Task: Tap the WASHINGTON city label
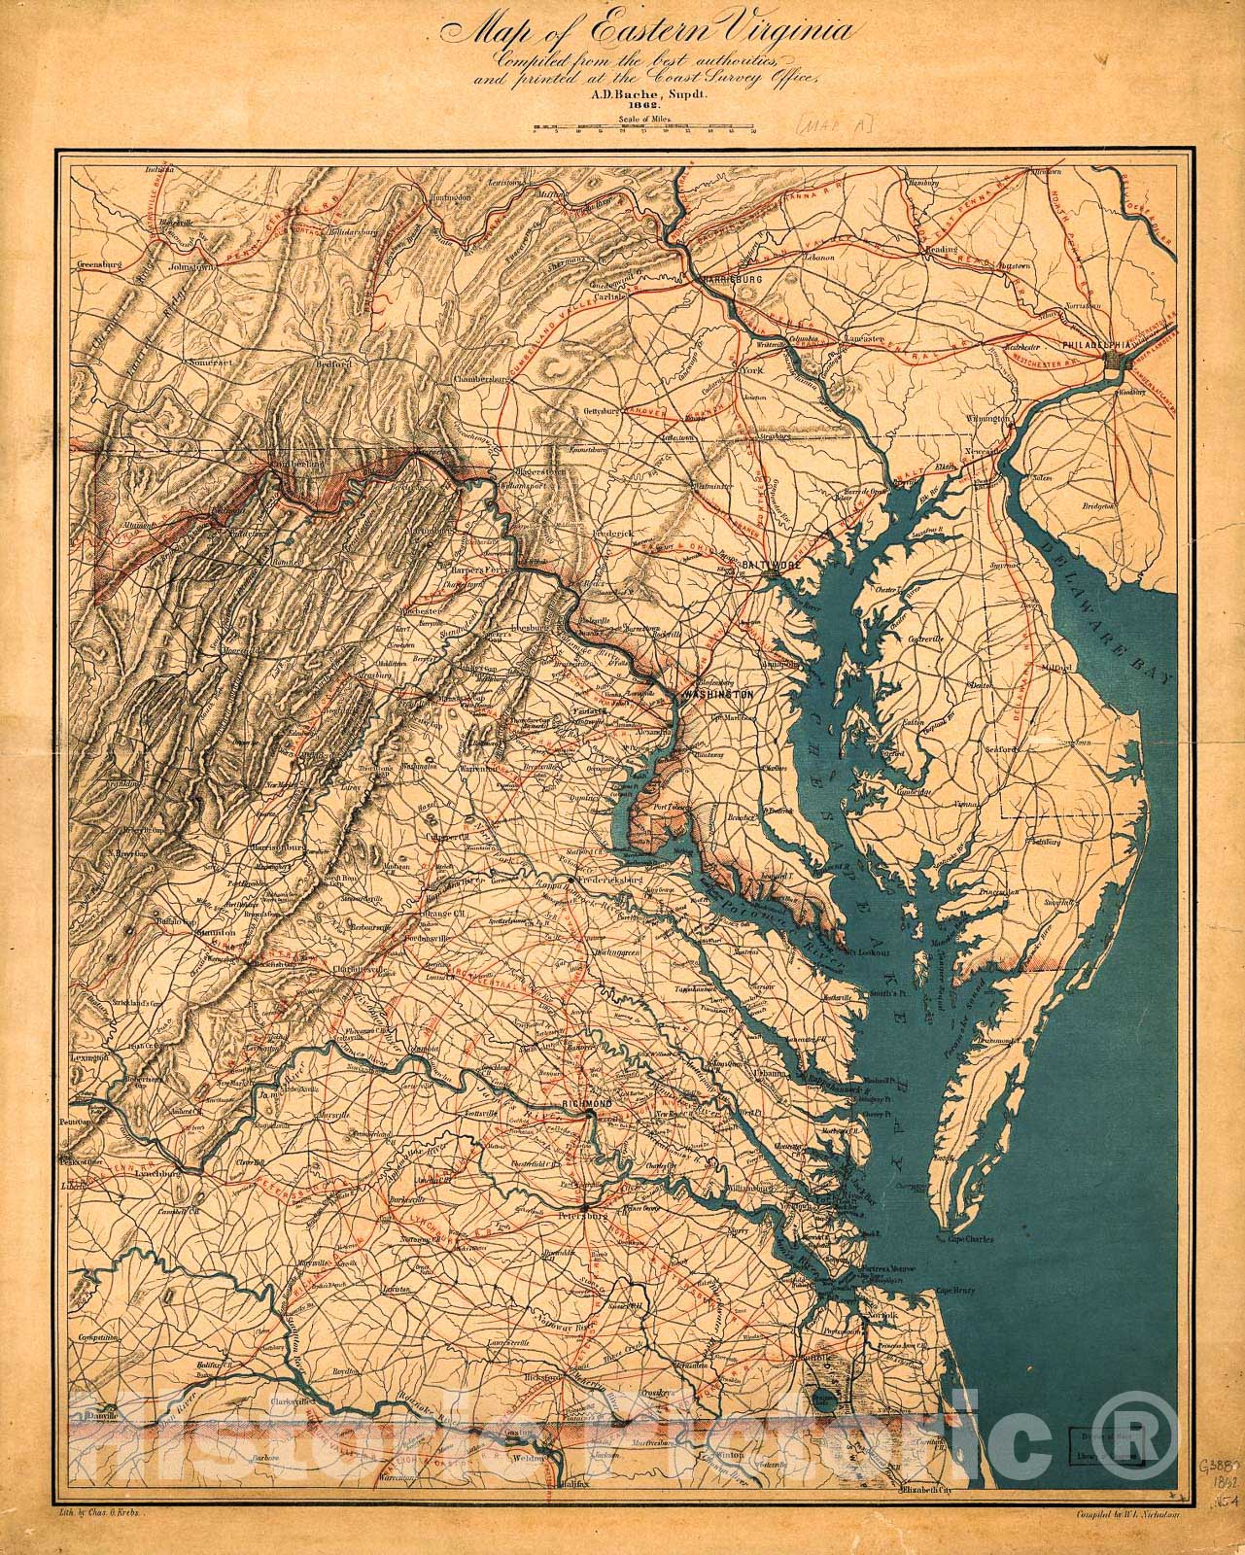pyautogui.click(x=718, y=696)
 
